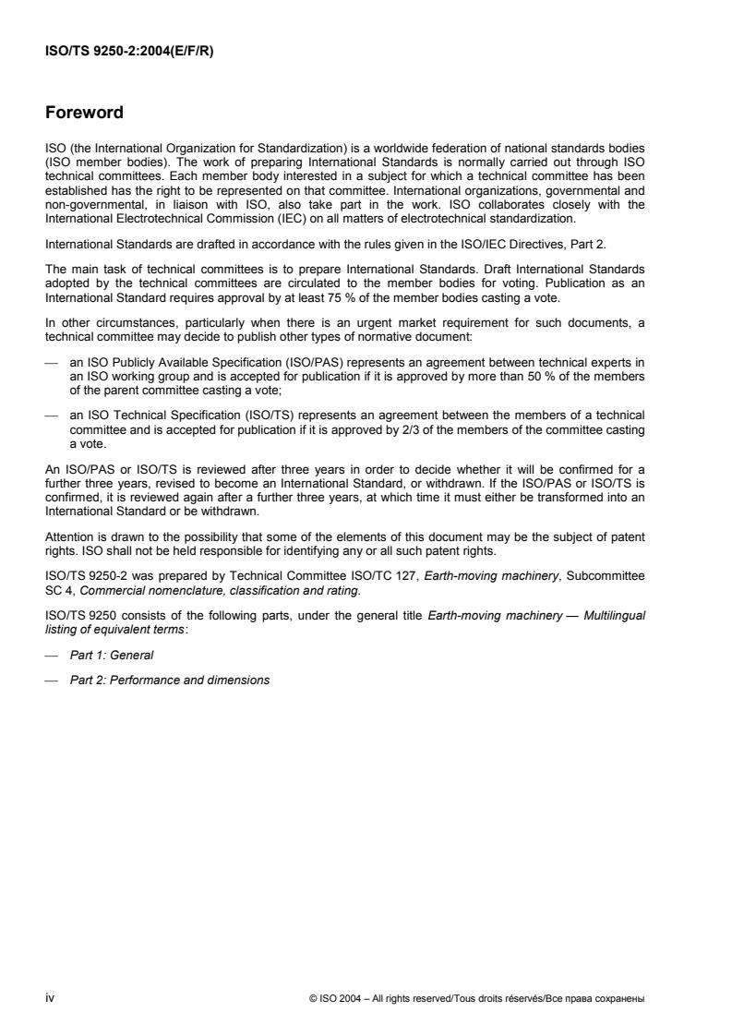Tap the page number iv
(x=50, y=997)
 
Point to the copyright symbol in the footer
(x=314, y=998)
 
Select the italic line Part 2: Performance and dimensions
(x=170, y=680)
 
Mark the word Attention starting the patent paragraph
(x=67, y=536)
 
